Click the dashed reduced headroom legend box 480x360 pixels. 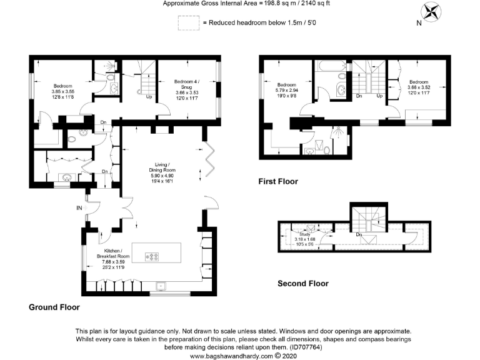(187, 23)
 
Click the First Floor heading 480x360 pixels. (278, 182)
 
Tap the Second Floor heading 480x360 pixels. (302, 284)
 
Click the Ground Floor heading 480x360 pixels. (54, 307)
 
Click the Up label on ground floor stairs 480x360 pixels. (149, 97)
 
